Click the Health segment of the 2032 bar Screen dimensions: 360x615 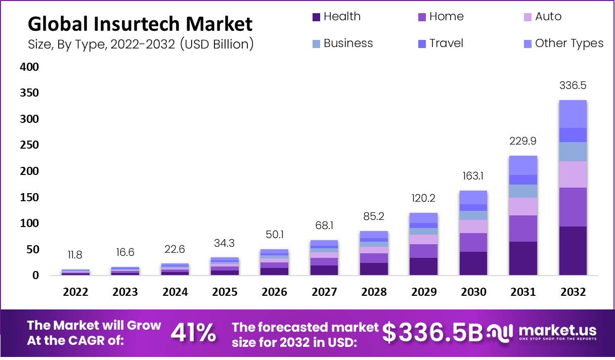(573, 251)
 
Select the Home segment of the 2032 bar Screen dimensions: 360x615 (573, 207)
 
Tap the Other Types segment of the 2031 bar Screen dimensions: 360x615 (523, 165)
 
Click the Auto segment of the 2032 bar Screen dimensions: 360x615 (573, 174)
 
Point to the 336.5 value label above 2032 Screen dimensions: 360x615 (573, 85)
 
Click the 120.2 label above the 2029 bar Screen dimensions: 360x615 (423, 198)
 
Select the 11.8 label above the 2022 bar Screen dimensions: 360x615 (75, 255)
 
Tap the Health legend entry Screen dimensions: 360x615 (337, 17)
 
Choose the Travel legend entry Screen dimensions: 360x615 (441, 43)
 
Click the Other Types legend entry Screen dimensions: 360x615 (563, 43)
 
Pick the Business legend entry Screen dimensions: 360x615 (342, 43)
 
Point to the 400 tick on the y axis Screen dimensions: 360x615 (29, 67)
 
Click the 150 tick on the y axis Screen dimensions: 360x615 (29, 197)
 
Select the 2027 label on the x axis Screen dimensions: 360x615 (324, 292)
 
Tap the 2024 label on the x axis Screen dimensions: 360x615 (175, 292)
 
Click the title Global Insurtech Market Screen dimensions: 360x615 (140, 24)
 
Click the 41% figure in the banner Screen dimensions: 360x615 (193, 333)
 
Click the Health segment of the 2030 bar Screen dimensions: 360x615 (473, 263)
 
